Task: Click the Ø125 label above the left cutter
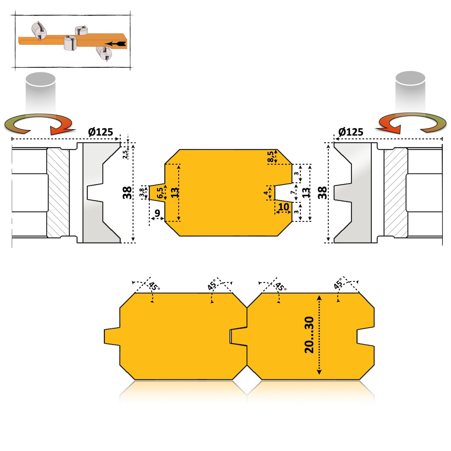(100, 132)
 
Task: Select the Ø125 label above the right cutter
(351, 132)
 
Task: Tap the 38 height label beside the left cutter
(127, 193)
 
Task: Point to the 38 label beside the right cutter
(322, 193)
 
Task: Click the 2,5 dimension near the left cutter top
(125, 154)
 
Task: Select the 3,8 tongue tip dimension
(142, 193)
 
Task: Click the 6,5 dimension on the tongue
(160, 193)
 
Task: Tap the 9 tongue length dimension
(157, 213)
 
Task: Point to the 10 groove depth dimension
(283, 207)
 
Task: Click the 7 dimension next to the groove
(293, 192)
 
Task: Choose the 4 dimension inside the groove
(266, 193)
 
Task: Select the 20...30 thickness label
(309, 335)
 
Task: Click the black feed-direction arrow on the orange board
(115, 44)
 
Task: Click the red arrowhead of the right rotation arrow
(389, 129)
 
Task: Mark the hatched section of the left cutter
(58, 193)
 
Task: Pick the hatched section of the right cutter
(395, 193)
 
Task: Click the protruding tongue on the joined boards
(112, 336)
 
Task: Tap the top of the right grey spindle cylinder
(410, 78)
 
